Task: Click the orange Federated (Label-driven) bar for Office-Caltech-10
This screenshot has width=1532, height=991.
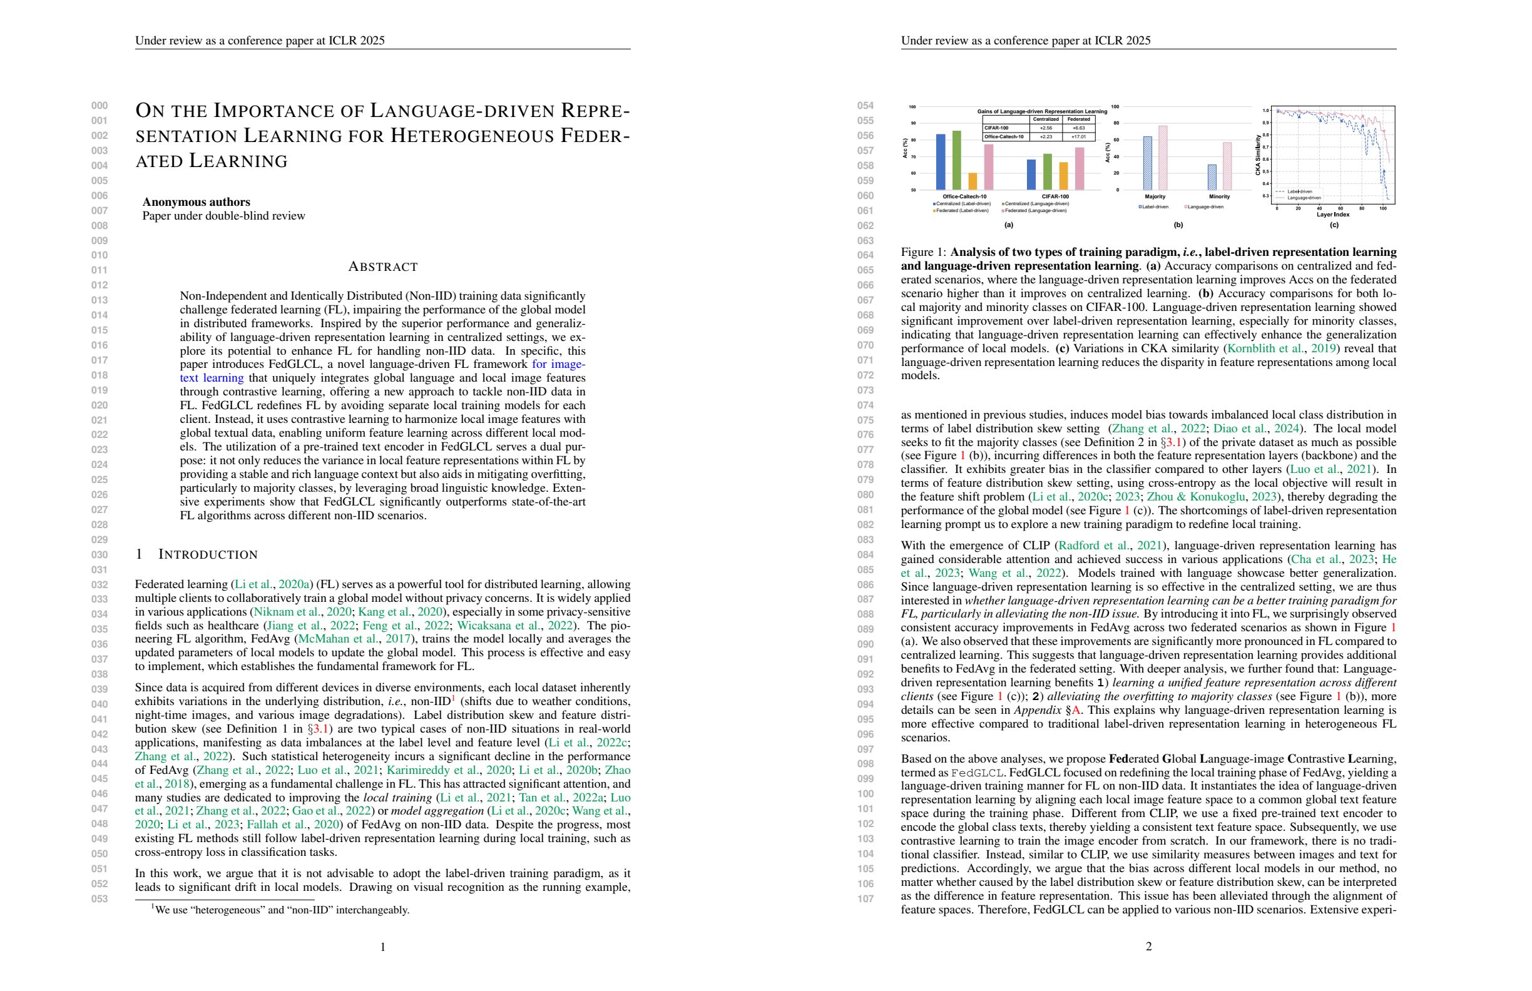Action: [x=973, y=181]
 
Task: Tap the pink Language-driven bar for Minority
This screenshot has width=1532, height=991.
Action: [x=1227, y=166]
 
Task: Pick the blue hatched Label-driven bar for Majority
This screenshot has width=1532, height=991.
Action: [x=1148, y=163]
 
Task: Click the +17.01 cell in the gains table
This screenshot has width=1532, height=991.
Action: [x=1079, y=136]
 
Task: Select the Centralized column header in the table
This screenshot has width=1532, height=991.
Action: [x=1045, y=119]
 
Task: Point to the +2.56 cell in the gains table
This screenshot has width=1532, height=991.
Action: [x=1045, y=128]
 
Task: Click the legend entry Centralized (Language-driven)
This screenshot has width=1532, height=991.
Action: [x=1036, y=203]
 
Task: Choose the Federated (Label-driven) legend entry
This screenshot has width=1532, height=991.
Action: [x=961, y=210]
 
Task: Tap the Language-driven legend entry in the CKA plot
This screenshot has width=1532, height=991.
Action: [x=1304, y=198]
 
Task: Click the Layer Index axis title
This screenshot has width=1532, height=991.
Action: [x=1332, y=215]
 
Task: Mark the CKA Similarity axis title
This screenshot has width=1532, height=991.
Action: [x=1258, y=155]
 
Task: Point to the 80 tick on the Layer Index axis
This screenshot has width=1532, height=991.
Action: [x=1361, y=208]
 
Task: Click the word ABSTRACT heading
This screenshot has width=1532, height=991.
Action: [x=382, y=267]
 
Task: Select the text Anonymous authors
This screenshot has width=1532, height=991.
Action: [x=197, y=202]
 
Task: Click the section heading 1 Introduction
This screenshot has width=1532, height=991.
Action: [x=197, y=555]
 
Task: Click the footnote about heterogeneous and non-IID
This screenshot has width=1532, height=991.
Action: [x=280, y=910]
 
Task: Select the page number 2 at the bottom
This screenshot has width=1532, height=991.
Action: [x=1148, y=946]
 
